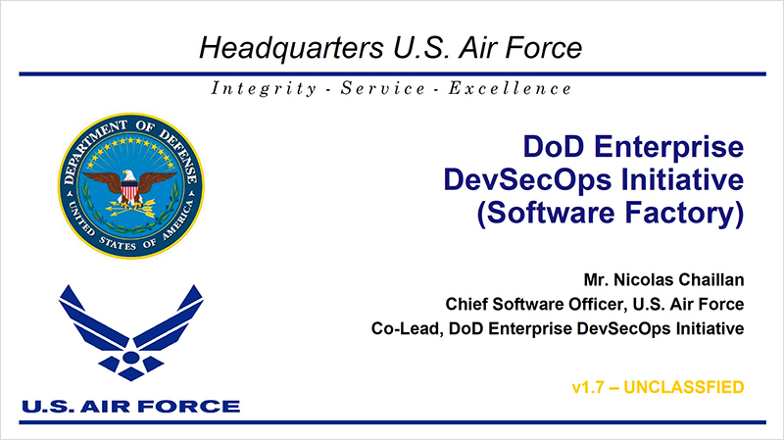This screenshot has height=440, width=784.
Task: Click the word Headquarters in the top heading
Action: [291, 48]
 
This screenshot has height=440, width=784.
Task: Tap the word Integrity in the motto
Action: [264, 88]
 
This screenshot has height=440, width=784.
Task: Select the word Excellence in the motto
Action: [510, 88]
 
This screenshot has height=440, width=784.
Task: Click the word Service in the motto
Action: [382, 88]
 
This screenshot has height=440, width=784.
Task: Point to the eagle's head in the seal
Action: [129, 175]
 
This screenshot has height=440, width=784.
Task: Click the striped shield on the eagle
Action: [130, 190]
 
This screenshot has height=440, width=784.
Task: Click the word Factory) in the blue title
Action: [684, 213]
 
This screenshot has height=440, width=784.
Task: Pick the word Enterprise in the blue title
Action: [668, 148]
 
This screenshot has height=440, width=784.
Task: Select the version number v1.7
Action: [587, 387]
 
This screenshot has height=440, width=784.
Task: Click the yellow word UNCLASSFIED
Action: [684, 387]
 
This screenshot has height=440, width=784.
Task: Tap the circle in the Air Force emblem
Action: [130, 358]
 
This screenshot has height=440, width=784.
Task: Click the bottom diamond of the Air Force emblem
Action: [130, 373]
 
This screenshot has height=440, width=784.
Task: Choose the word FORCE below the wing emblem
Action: [188, 407]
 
